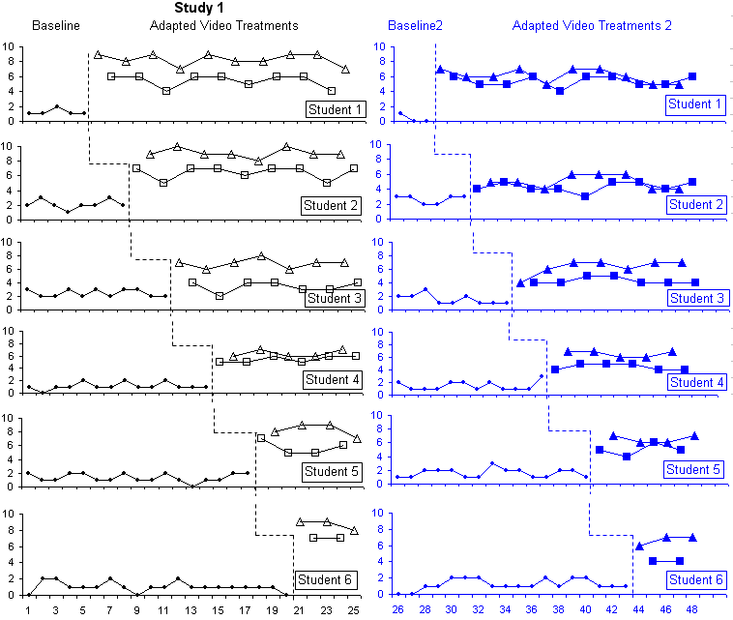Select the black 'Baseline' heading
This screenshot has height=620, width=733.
tap(56, 25)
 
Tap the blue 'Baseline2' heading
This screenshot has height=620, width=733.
tap(415, 25)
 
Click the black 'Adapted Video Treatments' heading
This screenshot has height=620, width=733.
tap(223, 25)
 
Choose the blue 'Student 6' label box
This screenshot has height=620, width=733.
tap(695, 579)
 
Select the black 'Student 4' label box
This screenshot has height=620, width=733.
tap(333, 379)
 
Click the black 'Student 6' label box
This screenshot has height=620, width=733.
tap(327, 580)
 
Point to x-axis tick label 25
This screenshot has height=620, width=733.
tap(354, 610)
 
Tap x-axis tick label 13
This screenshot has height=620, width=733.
tap(191, 610)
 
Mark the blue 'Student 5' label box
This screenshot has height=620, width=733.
tap(695, 470)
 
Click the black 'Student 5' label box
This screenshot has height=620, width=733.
tap(331, 472)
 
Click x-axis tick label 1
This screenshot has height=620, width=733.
tap(29, 610)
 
